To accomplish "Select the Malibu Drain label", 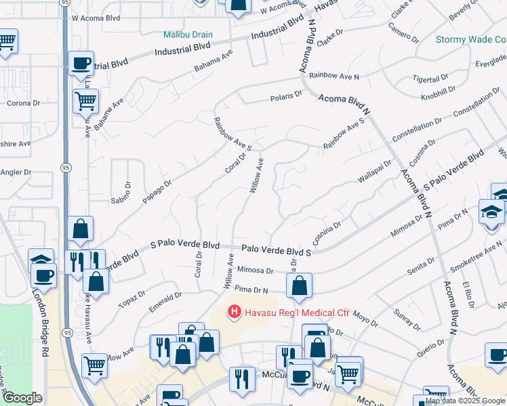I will click(188, 35).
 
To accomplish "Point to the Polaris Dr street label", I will click(289, 96).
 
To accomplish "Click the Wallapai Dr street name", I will click(375, 171).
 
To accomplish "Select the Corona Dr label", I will click(20, 104).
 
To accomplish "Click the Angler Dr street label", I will click(18, 173).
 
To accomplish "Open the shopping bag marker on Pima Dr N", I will click(300, 286).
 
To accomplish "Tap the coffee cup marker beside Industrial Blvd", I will click(81, 63).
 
